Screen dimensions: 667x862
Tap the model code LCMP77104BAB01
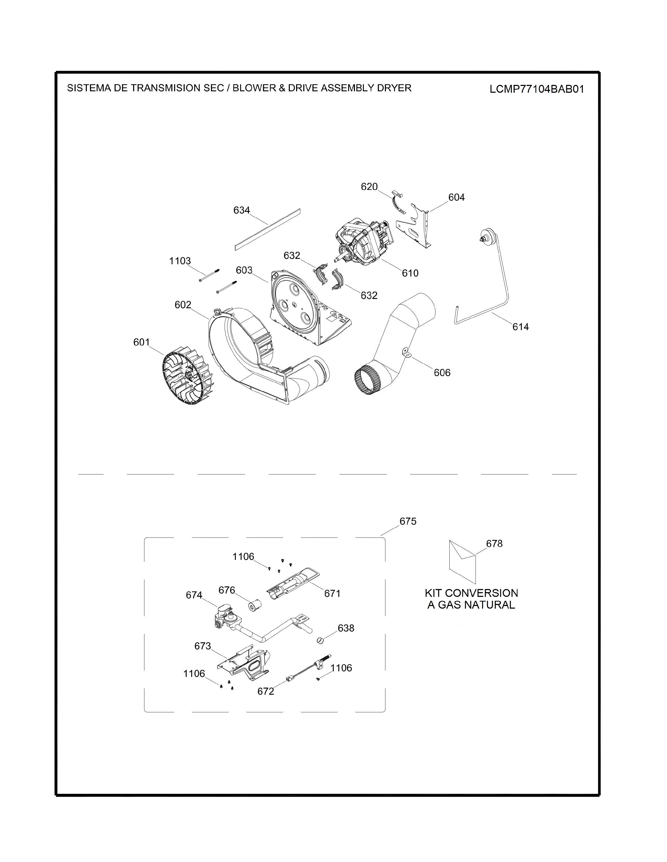pos(536,89)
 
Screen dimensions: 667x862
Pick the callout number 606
pos(442,372)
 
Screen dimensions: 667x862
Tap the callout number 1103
pos(180,261)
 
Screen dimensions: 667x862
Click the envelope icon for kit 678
pos(462,562)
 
